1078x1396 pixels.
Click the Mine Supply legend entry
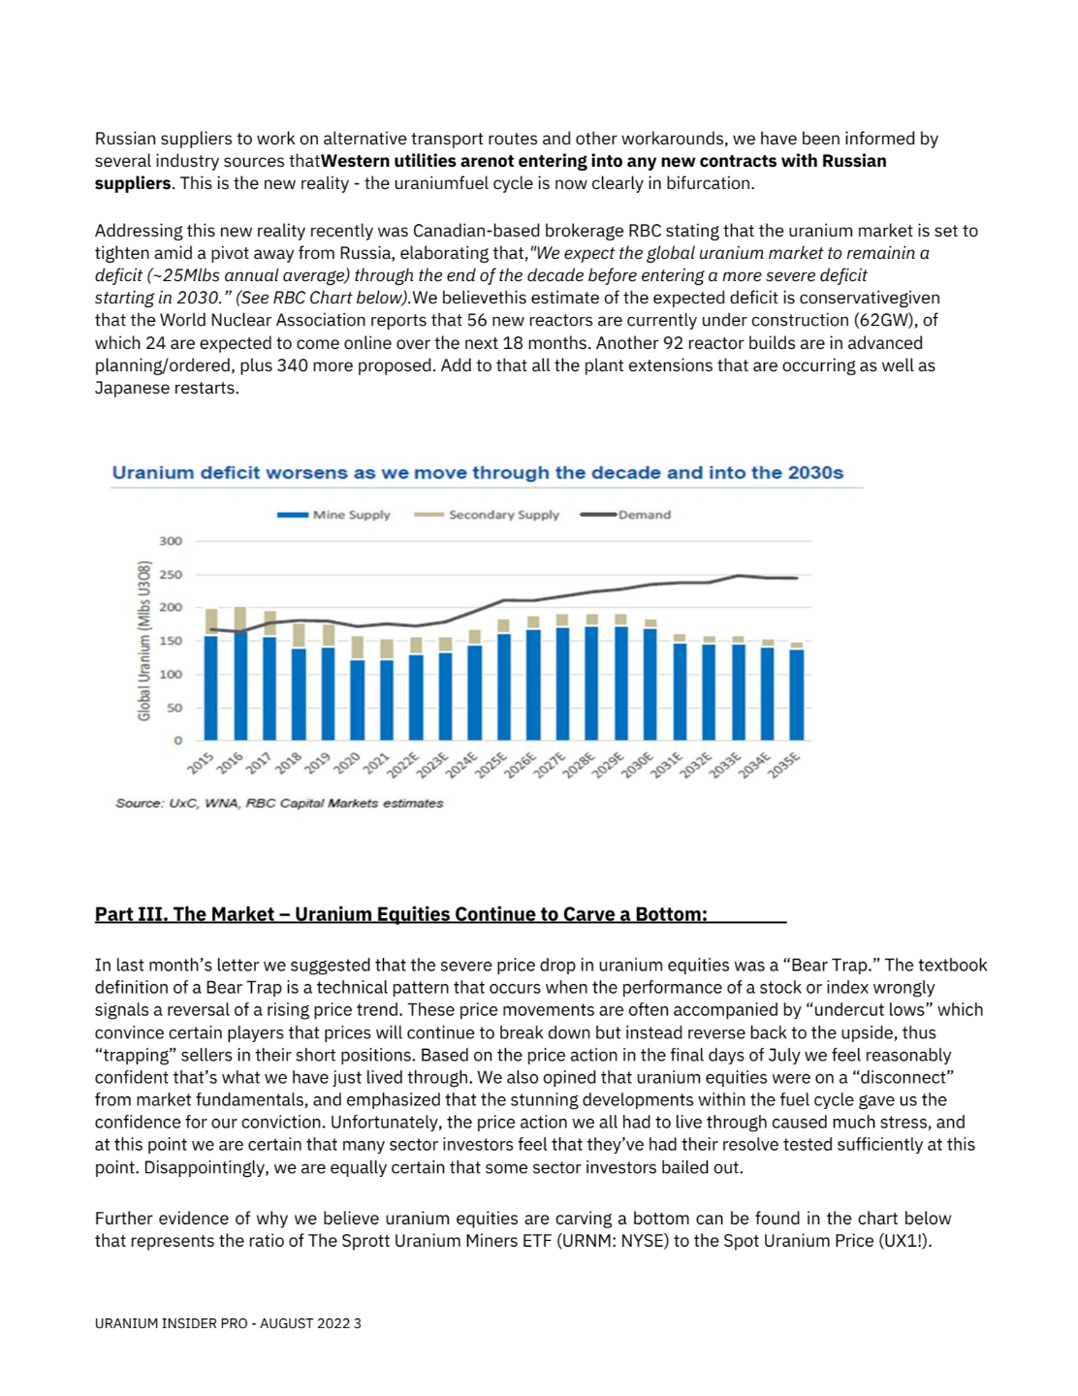coord(334,515)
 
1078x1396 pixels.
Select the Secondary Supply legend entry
coord(488,515)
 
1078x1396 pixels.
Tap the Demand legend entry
coord(626,515)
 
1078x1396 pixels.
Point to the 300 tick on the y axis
coord(171,541)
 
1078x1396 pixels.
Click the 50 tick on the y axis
coord(175,708)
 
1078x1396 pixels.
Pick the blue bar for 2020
coord(358,700)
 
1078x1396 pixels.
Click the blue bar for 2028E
coord(591,683)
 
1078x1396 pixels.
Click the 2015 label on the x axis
coord(201,764)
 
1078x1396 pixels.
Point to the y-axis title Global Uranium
coord(144,641)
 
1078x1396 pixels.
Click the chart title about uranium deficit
coord(477,473)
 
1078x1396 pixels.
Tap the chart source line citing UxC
coord(279,804)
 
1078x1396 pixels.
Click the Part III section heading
coord(400,914)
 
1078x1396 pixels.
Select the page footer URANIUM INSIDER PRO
coord(228,1323)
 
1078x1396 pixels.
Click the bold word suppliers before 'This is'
coord(132,183)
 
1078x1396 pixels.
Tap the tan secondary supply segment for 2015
coord(211,622)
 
